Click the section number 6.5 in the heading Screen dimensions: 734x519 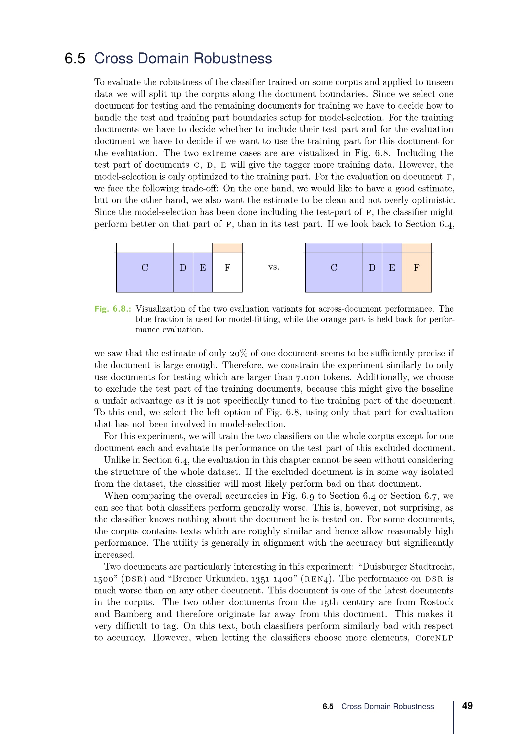(x=75, y=58)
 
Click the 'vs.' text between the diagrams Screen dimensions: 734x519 (x=274, y=267)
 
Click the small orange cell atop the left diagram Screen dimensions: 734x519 (x=227, y=248)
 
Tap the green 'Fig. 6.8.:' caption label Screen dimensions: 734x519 (x=113, y=309)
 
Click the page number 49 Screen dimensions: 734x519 (x=467, y=705)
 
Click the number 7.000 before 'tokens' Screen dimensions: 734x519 (x=308, y=378)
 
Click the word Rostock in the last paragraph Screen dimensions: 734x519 (x=436, y=602)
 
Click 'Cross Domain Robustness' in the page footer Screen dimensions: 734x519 (x=387, y=706)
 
